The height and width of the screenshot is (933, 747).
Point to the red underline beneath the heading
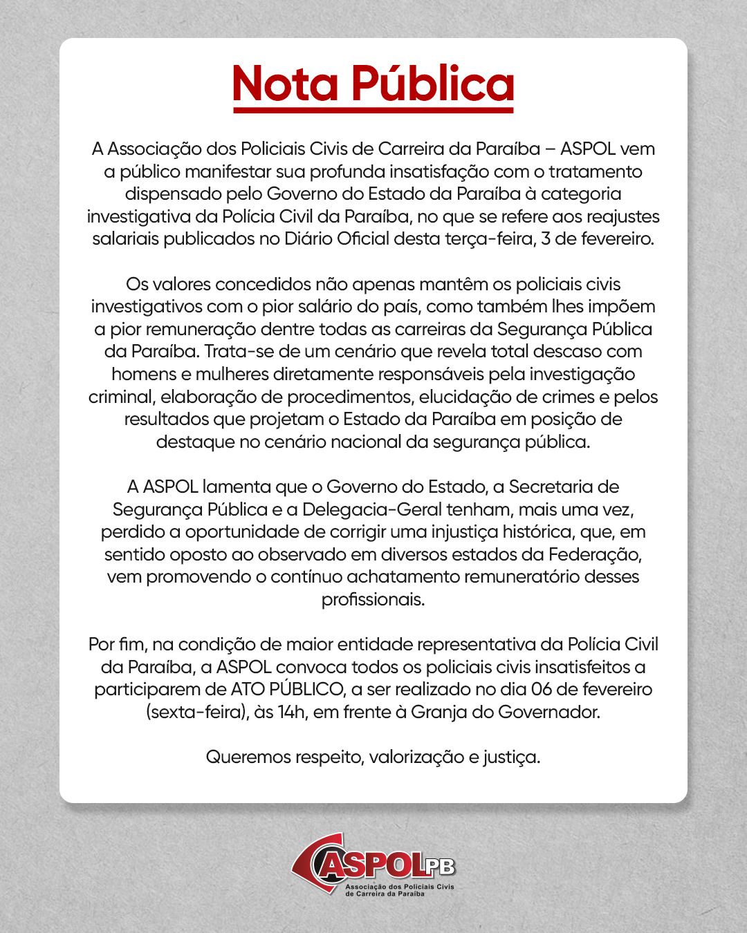click(x=373, y=111)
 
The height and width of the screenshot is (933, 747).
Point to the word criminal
click(x=118, y=397)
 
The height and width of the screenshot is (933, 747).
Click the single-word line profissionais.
click(x=373, y=599)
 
